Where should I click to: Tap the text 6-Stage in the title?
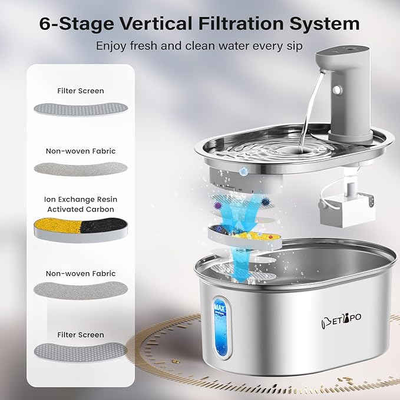(x=77, y=24)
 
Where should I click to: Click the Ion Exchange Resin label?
(x=81, y=200)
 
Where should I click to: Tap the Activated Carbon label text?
(x=81, y=209)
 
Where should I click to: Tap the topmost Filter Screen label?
(x=81, y=91)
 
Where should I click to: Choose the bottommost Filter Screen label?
(x=81, y=335)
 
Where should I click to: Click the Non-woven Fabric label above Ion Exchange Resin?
(x=81, y=151)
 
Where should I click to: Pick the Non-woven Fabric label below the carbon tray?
(x=81, y=273)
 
